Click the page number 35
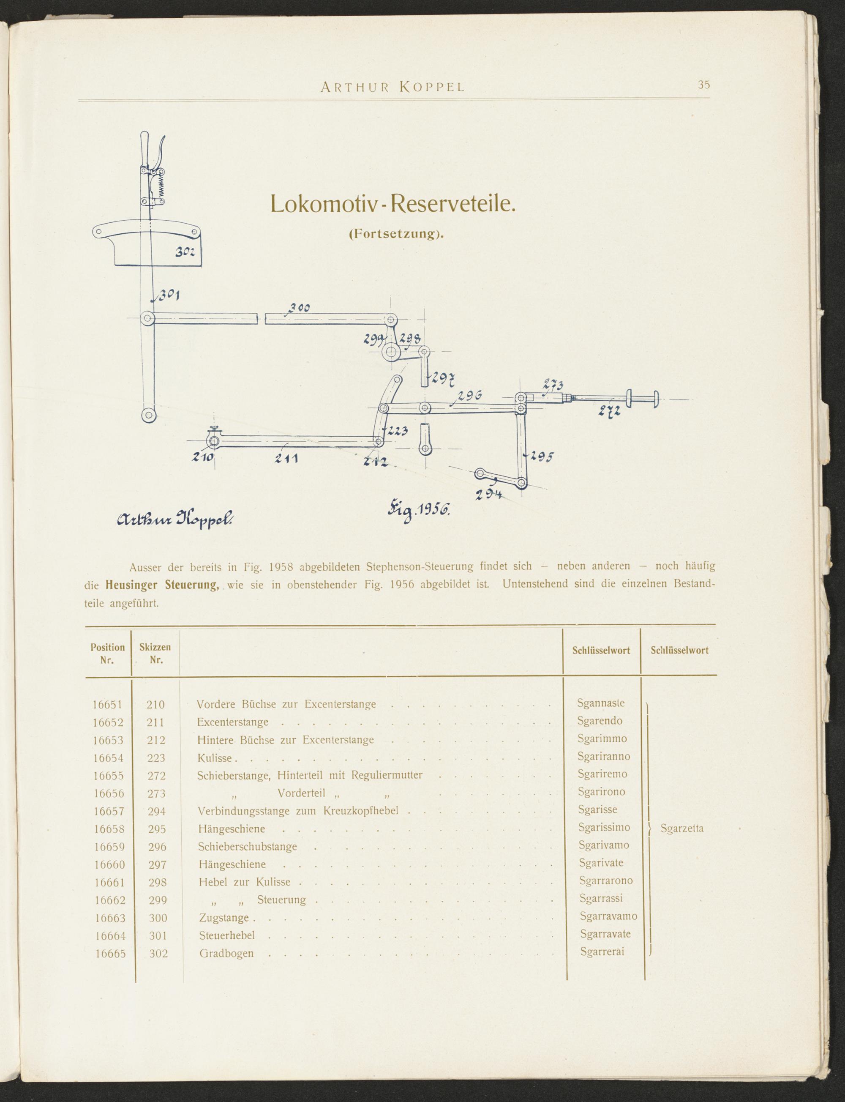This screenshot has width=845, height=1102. coord(703,85)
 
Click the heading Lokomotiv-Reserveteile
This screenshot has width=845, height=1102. coord(393,203)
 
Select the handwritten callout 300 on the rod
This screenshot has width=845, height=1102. coord(299,308)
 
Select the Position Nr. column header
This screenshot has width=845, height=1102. coord(107,654)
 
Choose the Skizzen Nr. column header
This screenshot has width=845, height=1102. coord(155,654)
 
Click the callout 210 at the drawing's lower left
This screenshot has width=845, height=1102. coord(204,457)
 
